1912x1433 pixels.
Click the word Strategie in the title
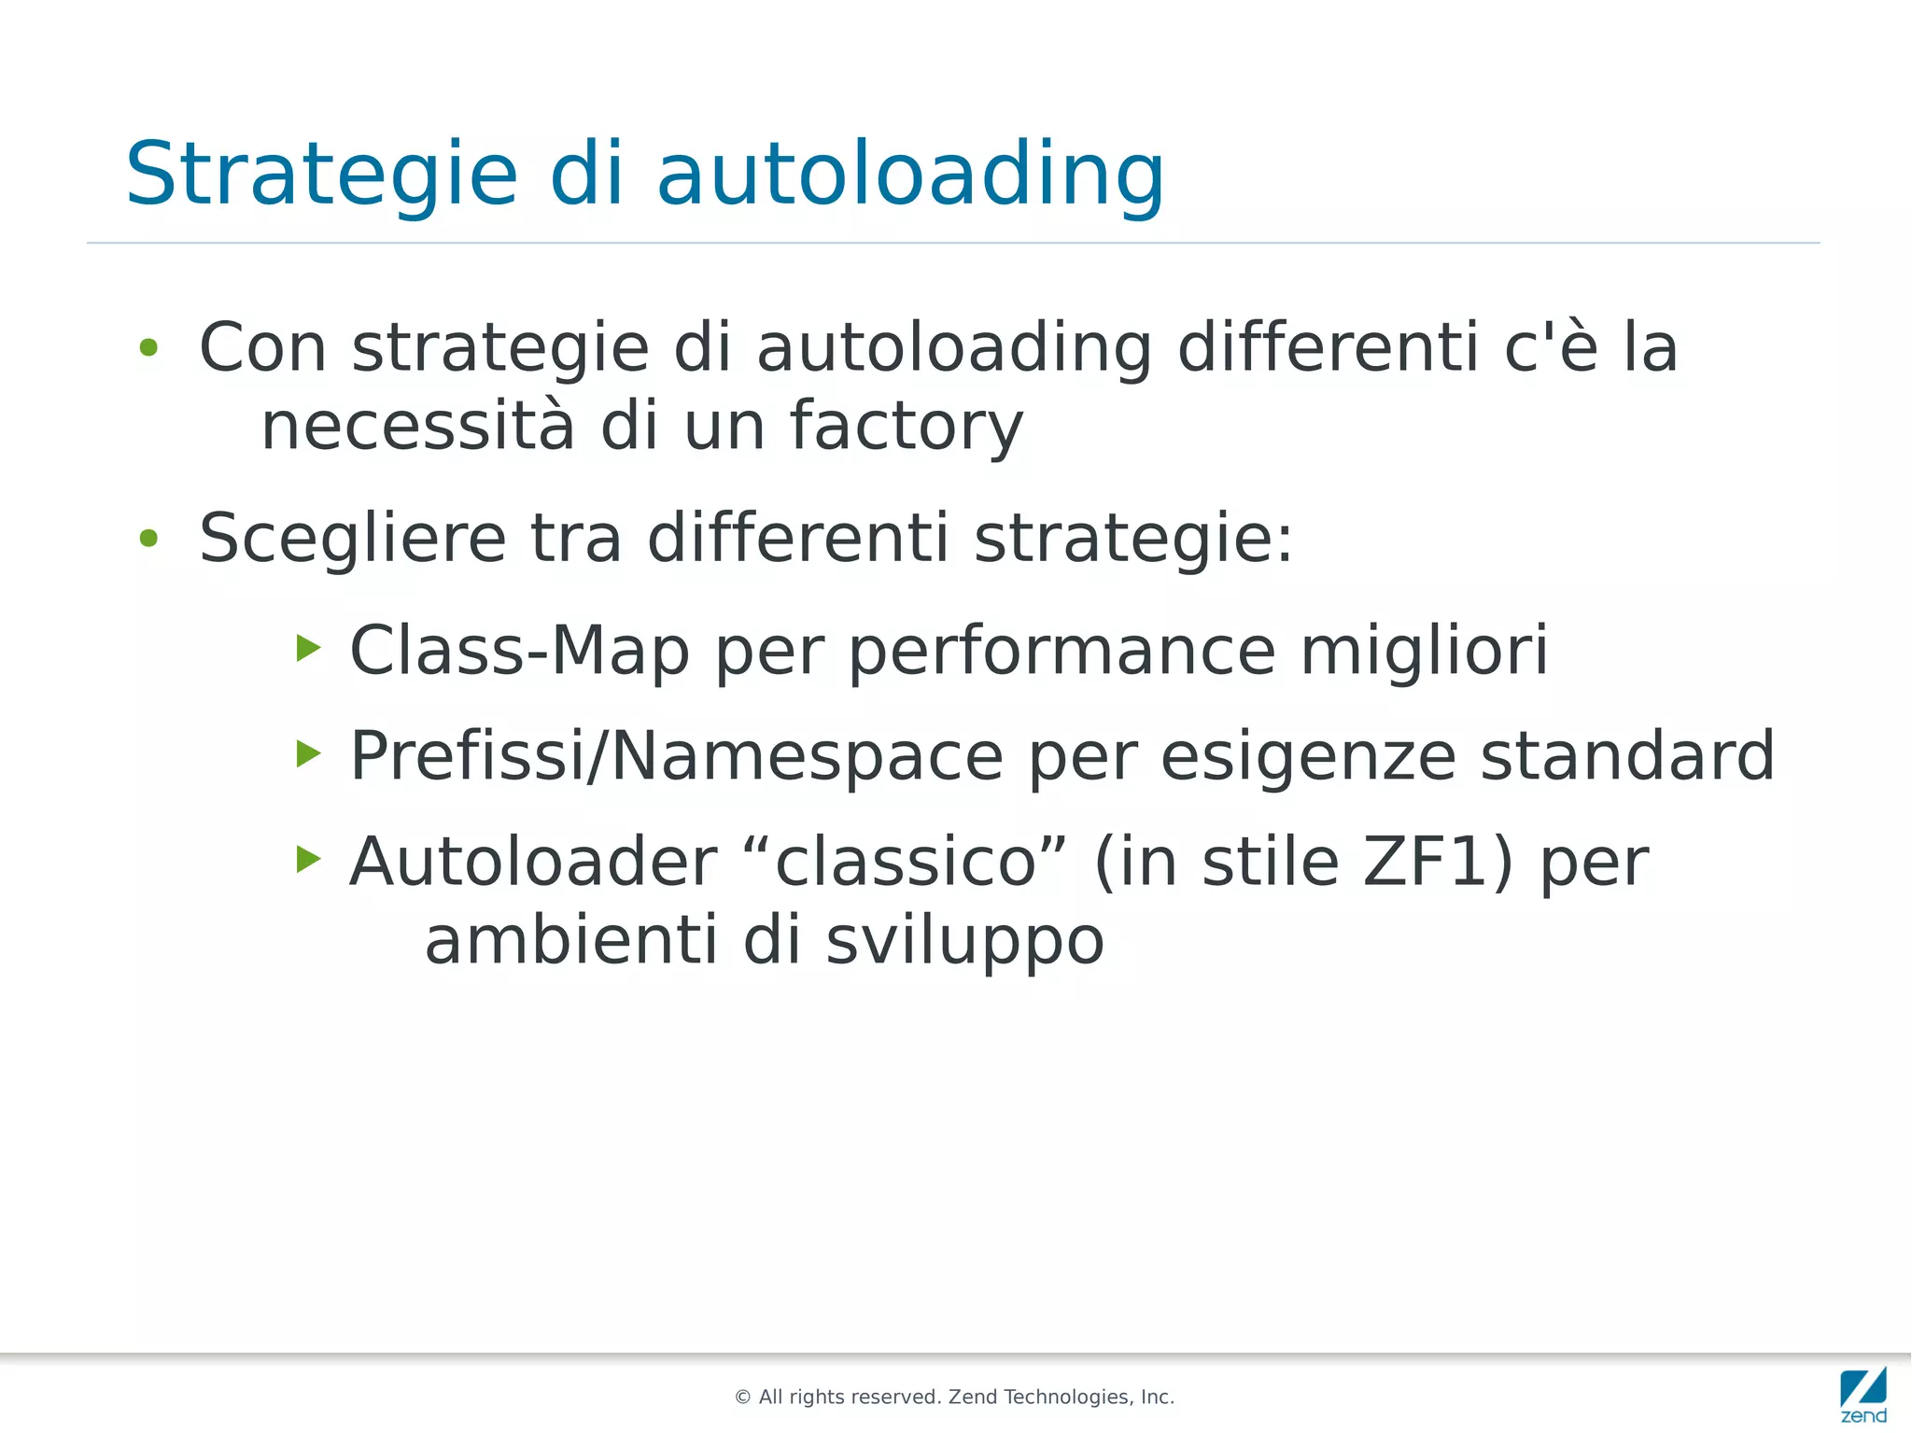321,175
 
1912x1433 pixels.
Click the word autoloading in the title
910,175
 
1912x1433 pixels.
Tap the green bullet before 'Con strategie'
148,348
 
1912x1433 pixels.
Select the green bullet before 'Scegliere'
148,539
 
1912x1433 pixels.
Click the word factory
907,427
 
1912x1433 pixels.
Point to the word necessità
417,425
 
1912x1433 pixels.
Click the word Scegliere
352,540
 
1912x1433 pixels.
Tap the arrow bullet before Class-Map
308,647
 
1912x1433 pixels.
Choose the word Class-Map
519,651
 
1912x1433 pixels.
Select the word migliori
1424,651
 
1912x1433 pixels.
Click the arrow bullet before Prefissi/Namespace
308,752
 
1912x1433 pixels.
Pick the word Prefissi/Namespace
676,756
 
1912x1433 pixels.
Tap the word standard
1627,755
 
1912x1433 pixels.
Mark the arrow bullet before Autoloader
308,858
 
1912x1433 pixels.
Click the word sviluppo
964,941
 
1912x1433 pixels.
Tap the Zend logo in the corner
1863,1394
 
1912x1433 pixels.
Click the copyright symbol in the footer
743,1398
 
